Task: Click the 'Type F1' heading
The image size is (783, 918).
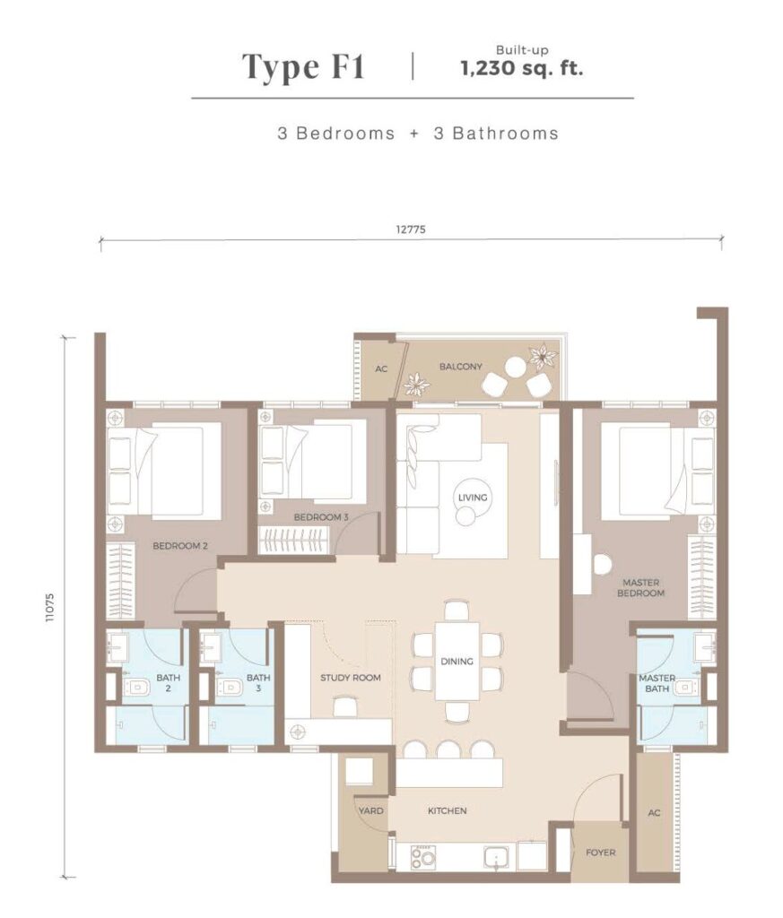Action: (x=303, y=66)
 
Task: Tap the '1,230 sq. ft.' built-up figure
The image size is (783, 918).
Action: (x=522, y=68)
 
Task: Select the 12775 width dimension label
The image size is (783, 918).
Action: (x=411, y=229)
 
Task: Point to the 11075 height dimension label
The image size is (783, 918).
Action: (x=50, y=607)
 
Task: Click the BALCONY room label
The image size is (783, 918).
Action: (x=461, y=367)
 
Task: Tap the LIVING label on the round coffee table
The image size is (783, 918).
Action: (x=473, y=498)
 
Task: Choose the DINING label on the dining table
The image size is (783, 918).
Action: (x=457, y=661)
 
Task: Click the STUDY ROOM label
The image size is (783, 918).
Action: (x=350, y=678)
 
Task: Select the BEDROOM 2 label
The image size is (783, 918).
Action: (x=180, y=546)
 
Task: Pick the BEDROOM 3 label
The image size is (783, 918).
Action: (x=321, y=517)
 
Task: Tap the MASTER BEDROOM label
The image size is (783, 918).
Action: (x=640, y=588)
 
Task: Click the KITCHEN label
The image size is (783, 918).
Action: (x=447, y=810)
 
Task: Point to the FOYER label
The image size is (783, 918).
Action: (x=600, y=853)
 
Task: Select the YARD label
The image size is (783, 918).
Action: (x=370, y=810)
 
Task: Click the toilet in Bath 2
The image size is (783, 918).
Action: (x=135, y=687)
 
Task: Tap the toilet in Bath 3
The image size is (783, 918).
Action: (x=229, y=687)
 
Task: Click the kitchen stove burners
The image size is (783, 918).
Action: (x=422, y=858)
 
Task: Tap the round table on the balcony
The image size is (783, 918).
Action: (x=516, y=367)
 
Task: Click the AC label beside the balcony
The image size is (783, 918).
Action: (x=381, y=368)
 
